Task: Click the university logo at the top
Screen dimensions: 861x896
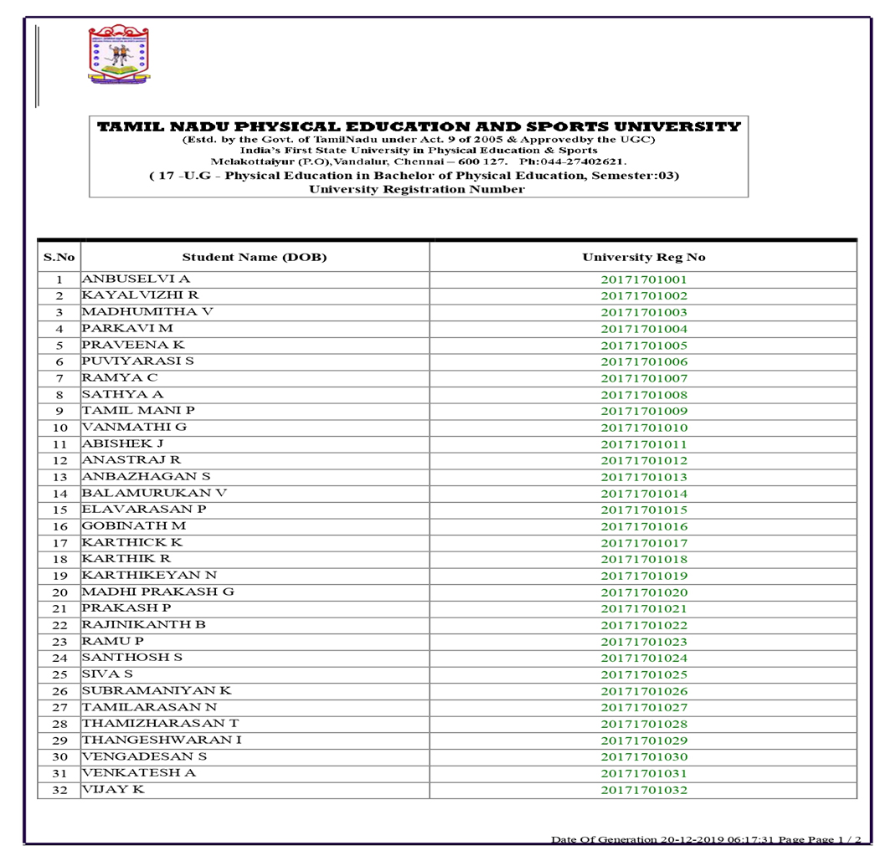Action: click(119, 55)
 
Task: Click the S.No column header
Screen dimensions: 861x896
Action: click(59, 257)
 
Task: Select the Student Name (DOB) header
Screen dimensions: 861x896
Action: click(255, 257)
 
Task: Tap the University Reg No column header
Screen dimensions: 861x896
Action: click(643, 257)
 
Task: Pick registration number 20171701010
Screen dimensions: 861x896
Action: click(643, 428)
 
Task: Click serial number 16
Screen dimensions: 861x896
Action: click(59, 526)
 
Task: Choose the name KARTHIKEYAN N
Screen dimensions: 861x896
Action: click(149, 575)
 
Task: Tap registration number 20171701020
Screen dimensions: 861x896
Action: click(643, 592)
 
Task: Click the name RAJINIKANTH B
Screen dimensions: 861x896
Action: click(143, 624)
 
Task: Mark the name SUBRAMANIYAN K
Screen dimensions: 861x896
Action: click(156, 690)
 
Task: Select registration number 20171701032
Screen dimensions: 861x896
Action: click(643, 790)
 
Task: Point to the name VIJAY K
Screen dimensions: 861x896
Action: click(112, 789)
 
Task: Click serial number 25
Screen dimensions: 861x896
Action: click(59, 674)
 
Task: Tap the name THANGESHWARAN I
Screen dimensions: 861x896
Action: click(162, 740)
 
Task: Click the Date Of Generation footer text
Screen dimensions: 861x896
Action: click(705, 839)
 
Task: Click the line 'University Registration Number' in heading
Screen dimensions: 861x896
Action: click(417, 189)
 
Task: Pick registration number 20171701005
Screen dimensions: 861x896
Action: click(643, 346)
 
